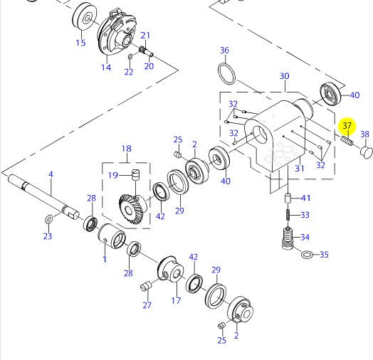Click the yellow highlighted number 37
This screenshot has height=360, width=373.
tap(347, 125)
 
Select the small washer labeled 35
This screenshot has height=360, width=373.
tap(308, 255)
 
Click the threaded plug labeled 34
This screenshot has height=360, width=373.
tap(288, 238)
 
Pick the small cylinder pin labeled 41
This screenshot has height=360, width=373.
tap(288, 198)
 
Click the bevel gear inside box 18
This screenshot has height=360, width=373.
tap(132, 208)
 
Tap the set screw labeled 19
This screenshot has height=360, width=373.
tap(135, 175)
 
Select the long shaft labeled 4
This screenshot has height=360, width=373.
tap(43, 196)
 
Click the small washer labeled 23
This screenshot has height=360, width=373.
tap(49, 219)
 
